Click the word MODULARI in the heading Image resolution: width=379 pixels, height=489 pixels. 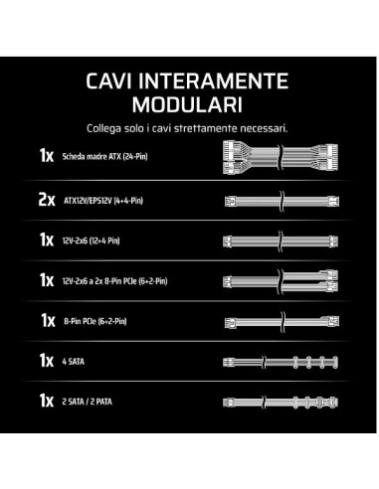click(x=187, y=104)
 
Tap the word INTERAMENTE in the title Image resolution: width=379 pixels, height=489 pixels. click(x=213, y=81)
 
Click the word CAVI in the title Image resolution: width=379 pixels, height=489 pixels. click(x=108, y=81)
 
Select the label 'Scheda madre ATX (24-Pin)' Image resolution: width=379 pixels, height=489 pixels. click(x=104, y=156)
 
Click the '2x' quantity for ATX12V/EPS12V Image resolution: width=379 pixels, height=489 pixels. click(x=47, y=200)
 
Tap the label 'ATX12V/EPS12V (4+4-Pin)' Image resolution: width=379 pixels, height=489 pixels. click(x=103, y=201)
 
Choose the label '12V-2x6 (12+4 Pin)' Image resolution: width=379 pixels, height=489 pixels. click(x=92, y=241)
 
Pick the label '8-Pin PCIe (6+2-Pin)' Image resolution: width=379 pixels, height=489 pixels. click(x=95, y=321)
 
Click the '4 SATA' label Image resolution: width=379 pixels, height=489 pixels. click(x=74, y=362)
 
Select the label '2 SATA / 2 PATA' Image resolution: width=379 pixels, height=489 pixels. click(x=88, y=402)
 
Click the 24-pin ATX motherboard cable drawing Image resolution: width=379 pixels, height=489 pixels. click(x=281, y=157)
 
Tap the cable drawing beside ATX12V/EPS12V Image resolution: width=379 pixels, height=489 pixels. click(x=282, y=201)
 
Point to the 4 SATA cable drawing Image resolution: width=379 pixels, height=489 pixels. click(x=281, y=362)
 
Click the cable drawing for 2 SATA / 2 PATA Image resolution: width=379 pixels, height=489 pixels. click(x=281, y=403)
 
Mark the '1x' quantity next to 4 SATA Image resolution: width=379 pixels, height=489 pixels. click(x=47, y=361)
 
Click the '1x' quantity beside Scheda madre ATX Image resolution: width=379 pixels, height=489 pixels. click(x=47, y=155)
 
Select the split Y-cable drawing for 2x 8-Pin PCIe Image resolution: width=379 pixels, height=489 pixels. click(x=281, y=281)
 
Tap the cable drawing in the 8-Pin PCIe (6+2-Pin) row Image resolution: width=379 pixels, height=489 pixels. click(x=282, y=321)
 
